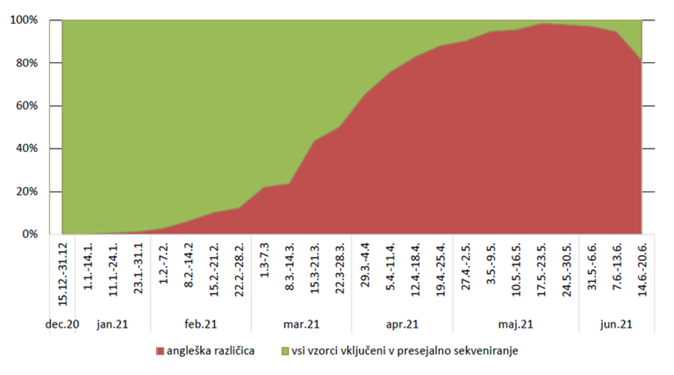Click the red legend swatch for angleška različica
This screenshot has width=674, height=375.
[x=159, y=351]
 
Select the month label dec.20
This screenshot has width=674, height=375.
[x=63, y=324]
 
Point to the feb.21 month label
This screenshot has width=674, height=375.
[x=200, y=324]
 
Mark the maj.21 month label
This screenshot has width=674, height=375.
[x=516, y=324]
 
